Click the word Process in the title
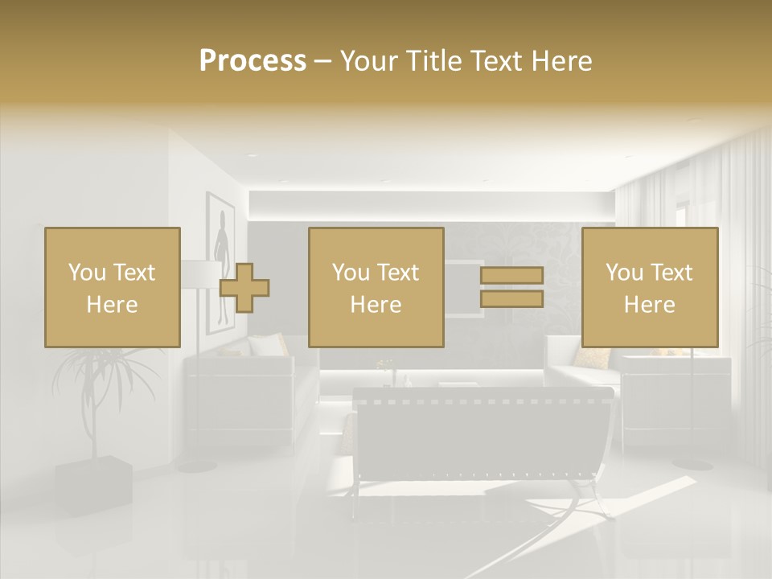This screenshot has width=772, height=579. coord(253,61)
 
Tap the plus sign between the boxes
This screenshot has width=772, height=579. coord(244,288)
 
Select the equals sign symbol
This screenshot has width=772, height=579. coord(511,287)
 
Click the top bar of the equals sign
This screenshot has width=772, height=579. coord(511,276)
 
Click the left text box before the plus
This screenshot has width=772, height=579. coord(112,288)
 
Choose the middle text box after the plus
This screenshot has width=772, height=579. coord(376,288)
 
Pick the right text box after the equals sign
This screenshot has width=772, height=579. coord(649,288)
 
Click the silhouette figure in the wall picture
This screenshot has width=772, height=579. coord(219,241)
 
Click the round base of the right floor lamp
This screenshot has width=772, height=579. coord(692,463)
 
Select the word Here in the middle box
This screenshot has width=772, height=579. coord(376,305)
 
